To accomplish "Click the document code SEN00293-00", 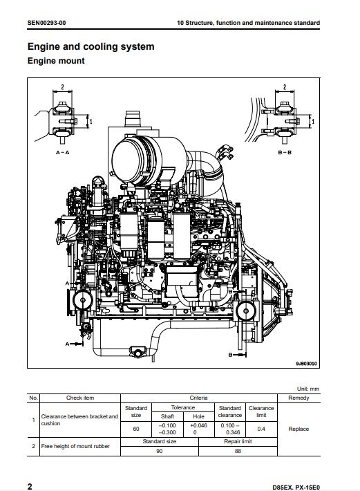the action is click(x=46, y=23).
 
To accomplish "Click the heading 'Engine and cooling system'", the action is click(x=91, y=46).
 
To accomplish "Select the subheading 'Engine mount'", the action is click(x=56, y=61).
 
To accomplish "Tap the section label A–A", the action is click(x=63, y=153).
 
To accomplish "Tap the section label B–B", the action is click(x=285, y=153).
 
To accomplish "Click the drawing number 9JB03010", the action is click(x=306, y=364).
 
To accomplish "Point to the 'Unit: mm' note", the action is click(x=308, y=389).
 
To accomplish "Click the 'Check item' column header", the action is click(x=80, y=398).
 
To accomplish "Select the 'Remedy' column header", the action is click(x=299, y=398).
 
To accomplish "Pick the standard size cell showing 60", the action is click(x=136, y=429).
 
